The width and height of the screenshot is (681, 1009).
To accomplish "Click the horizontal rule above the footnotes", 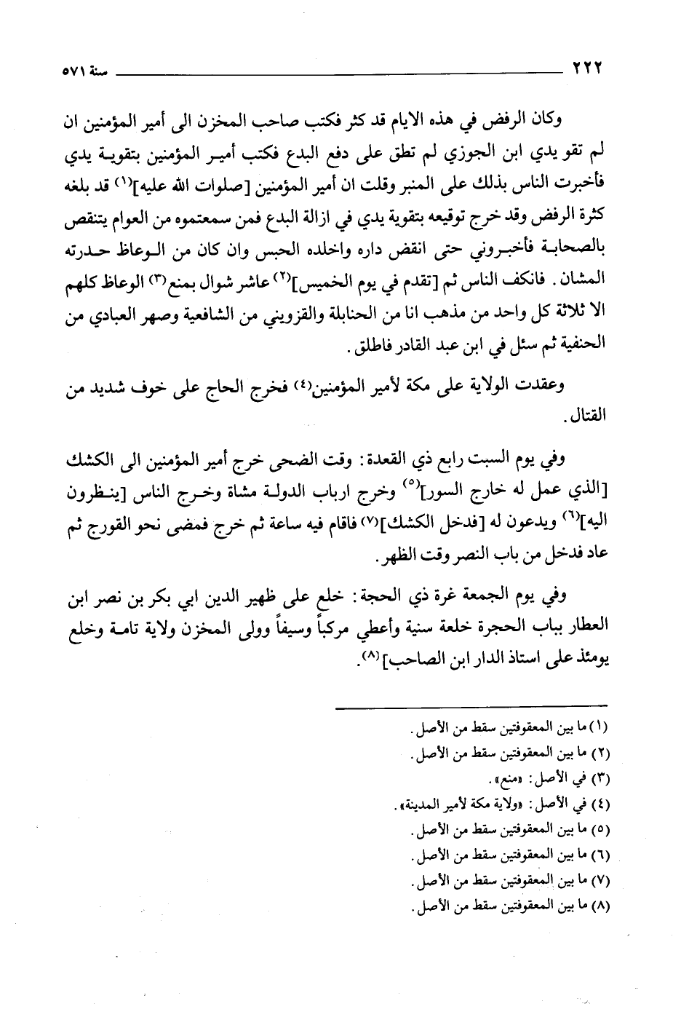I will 470,705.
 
